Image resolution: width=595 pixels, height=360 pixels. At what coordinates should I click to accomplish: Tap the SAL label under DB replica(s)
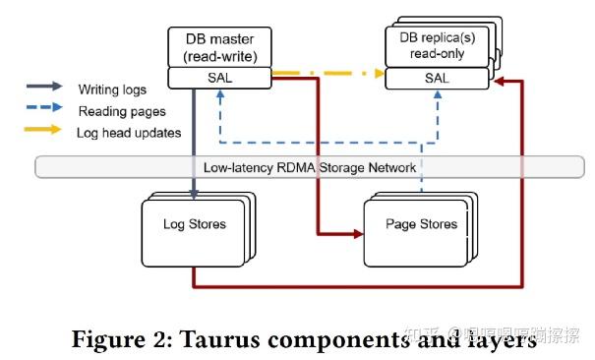(x=438, y=77)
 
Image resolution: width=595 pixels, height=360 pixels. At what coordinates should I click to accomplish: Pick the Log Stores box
(x=194, y=225)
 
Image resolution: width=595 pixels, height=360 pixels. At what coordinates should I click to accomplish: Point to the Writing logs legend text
(x=111, y=90)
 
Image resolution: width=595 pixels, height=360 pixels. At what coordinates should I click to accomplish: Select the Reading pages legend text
(x=119, y=110)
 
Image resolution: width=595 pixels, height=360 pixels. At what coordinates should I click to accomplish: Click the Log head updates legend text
(x=128, y=132)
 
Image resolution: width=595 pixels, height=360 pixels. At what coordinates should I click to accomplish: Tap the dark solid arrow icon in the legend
(x=46, y=90)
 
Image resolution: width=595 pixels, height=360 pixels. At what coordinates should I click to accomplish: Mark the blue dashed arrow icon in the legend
(x=46, y=110)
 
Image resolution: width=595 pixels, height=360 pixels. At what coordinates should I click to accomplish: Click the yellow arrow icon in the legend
(x=46, y=132)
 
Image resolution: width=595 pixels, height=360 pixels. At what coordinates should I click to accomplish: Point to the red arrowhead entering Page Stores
(x=356, y=234)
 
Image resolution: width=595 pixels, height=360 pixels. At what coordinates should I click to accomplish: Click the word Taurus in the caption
(x=206, y=339)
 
